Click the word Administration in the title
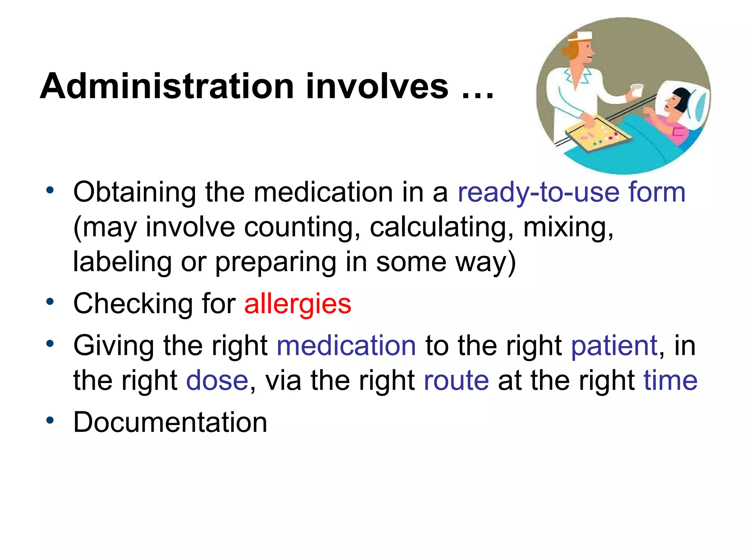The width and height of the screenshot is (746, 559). click(167, 87)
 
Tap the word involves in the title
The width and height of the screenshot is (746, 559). click(377, 87)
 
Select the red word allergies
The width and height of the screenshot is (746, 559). click(298, 304)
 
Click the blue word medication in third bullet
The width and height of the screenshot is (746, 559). click(346, 345)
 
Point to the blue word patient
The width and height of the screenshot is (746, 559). click(614, 345)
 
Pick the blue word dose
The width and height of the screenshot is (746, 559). click(217, 381)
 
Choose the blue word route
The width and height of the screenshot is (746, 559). click(456, 381)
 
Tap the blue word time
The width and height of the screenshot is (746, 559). click(670, 381)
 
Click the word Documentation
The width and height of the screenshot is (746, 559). click(170, 422)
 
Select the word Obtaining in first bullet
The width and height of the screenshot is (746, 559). click(134, 193)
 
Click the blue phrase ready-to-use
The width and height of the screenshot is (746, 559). click(538, 193)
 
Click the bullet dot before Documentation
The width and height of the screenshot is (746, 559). click(50, 421)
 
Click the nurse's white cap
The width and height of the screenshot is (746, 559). click(582, 36)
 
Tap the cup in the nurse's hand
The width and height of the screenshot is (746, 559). click(637, 90)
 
